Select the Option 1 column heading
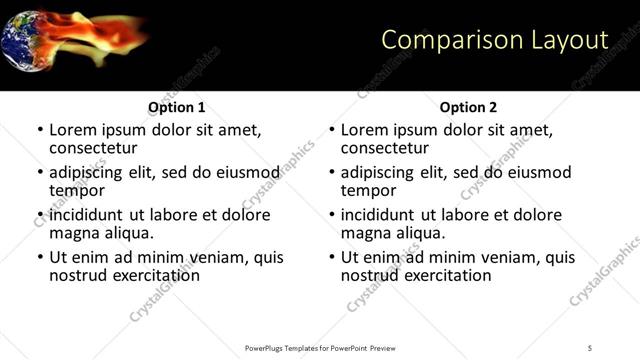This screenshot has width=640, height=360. click(177, 107)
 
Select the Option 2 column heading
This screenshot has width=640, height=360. click(469, 107)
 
